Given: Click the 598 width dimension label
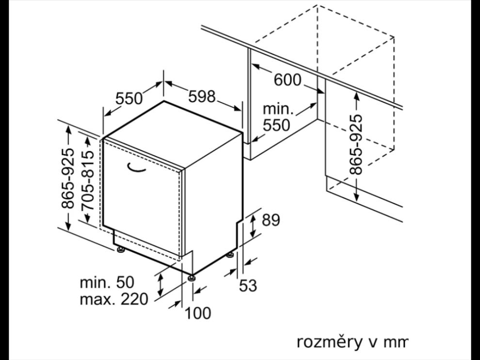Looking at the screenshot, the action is tap(202, 97).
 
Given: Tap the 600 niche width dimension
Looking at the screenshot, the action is tap(288, 80).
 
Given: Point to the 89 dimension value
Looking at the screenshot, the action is tap(271, 220).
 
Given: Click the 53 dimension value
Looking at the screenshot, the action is tap(248, 286).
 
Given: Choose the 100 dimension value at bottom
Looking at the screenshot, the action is tap(198, 313).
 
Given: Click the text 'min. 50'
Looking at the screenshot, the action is tap(107, 282).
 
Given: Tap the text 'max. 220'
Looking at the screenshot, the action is tap(114, 299).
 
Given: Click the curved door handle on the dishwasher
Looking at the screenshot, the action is tap(137, 167).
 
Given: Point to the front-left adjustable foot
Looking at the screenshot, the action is tap(120, 250).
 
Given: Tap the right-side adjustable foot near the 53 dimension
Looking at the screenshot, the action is tap(230, 255).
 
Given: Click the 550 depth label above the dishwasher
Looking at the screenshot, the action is tap(129, 98).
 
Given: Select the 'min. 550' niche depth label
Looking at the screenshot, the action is tap(276, 117).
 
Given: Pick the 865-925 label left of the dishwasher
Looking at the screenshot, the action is tap(68, 179).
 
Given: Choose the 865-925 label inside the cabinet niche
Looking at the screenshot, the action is tap(356, 144).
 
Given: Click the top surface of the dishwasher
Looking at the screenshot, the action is tap(174, 134).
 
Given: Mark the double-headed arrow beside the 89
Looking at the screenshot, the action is tap(253, 227).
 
